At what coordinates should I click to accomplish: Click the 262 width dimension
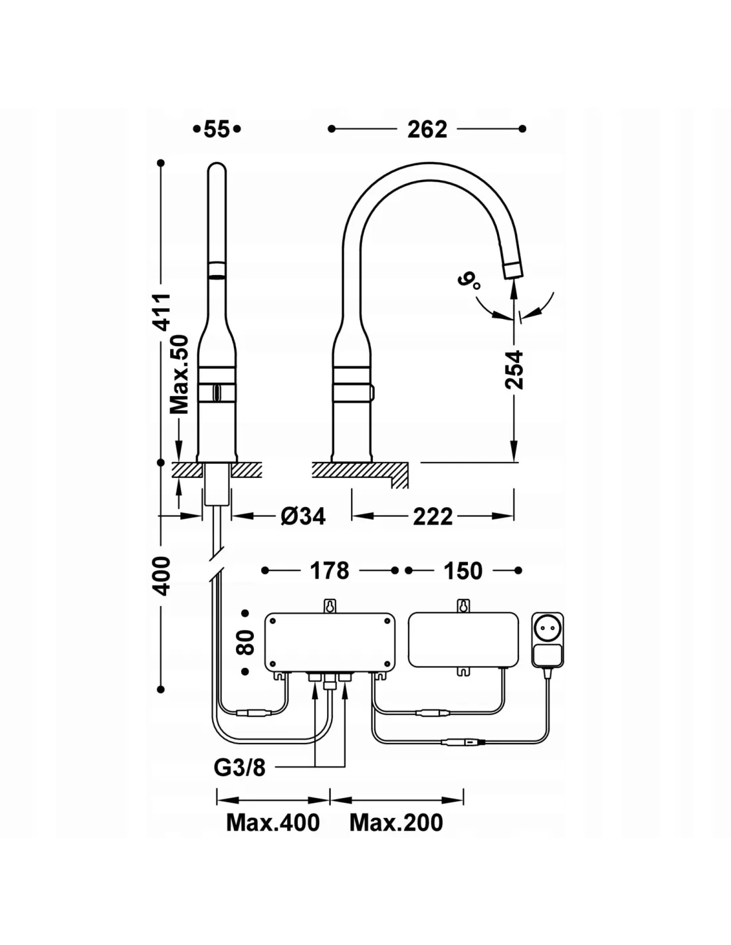[x=427, y=129]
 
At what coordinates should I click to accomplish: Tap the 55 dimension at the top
[x=217, y=129]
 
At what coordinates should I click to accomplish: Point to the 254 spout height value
[x=514, y=369]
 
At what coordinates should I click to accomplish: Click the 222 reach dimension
[x=433, y=516]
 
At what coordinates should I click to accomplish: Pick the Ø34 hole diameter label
[x=303, y=516]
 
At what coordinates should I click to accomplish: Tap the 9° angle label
[x=469, y=282]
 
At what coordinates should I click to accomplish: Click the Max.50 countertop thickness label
[x=179, y=374]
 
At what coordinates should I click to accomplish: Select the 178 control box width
[x=330, y=571]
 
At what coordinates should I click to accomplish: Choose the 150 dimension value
[x=463, y=571]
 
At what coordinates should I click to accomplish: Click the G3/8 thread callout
[x=239, y=768]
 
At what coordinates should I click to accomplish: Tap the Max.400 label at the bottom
[x=272, y=823]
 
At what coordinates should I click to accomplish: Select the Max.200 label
[x=396, y=823]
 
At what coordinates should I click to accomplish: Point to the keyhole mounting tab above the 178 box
[x=330, y=606]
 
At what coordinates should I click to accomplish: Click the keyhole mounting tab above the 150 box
[x=463, y=606]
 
